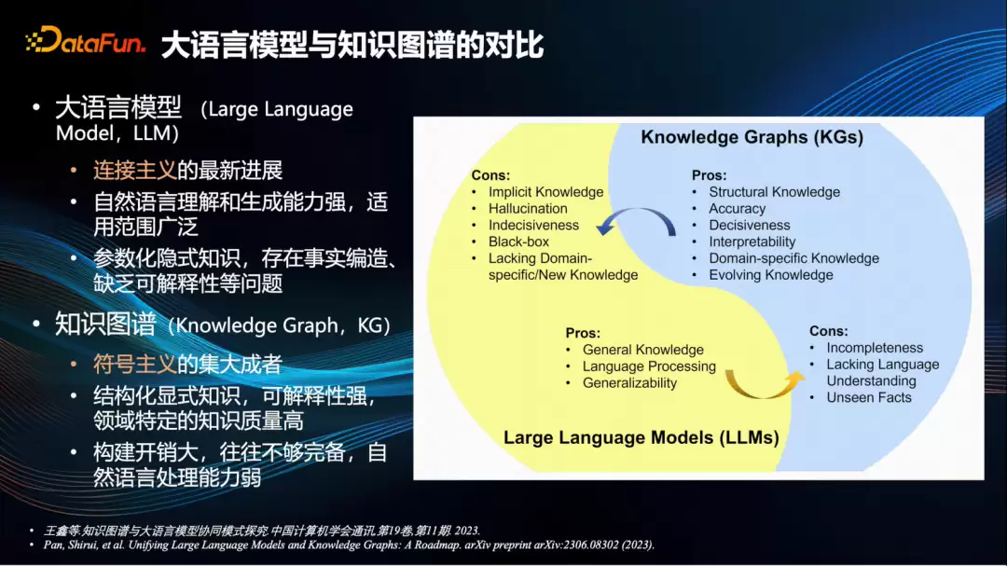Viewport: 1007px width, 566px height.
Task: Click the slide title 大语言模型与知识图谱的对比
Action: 352,45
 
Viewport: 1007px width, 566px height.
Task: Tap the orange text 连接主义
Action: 135,171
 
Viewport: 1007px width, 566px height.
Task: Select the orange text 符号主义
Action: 135,365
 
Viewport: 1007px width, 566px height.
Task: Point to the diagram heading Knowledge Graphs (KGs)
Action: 752,137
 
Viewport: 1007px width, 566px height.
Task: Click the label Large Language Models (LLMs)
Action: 641,437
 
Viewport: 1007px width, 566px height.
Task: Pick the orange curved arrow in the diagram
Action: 765,384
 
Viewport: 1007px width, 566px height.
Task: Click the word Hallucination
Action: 528,209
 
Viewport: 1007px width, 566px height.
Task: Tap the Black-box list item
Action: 519,242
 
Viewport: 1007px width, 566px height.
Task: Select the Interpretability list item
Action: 752,242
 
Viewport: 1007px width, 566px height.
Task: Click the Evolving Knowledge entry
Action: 771,275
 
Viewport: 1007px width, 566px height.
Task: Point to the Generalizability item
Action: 629,383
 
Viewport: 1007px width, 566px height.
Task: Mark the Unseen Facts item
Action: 869,397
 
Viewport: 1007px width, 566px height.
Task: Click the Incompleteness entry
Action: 875,348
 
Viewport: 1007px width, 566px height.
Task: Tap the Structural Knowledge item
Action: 775,192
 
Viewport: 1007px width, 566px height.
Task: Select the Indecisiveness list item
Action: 533,226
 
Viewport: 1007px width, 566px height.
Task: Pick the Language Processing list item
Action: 649,366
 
